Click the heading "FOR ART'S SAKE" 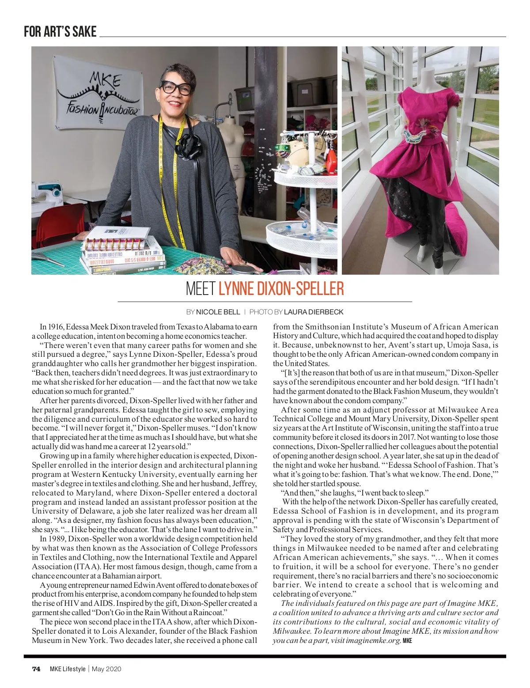click(60, 32)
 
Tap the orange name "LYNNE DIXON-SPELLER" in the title click(281, 288)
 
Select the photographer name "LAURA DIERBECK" click(314, 312)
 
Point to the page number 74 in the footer click(36, 669)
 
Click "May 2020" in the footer click(106, 669)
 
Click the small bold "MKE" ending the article click(407, 641)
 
